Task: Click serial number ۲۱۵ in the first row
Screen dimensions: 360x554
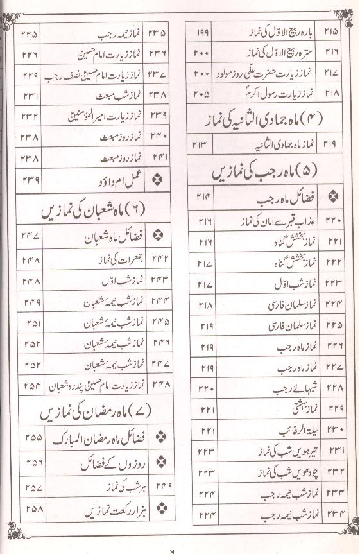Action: (x=333, y=31)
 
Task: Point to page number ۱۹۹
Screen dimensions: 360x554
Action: (x=200, y=31)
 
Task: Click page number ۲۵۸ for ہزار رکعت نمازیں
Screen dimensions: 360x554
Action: (x=30, y=514)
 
